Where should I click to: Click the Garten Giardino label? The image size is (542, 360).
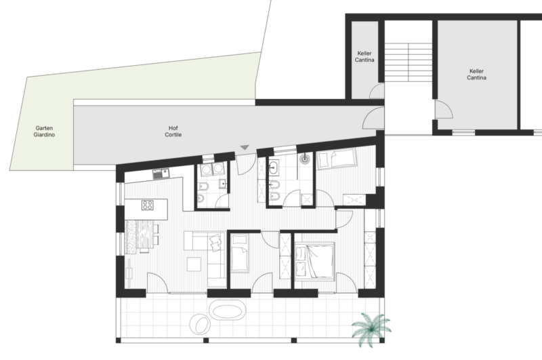pos(44,132)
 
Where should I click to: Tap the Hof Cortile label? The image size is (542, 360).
pos(173,132)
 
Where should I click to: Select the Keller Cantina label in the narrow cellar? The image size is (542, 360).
pos(364,57)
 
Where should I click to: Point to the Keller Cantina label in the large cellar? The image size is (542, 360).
pos(476,75)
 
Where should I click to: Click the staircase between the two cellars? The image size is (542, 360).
pos(409,62)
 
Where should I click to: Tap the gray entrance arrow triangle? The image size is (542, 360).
pos(245,148)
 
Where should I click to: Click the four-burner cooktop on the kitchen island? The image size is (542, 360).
pos(147,205)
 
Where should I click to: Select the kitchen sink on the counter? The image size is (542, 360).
pos(161,174)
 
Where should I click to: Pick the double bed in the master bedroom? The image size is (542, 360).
pos(314,260)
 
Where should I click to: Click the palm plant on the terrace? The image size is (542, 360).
pos(371,329)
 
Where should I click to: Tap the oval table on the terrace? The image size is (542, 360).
pos(227,311)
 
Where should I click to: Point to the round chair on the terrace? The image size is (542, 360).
pos(200,324)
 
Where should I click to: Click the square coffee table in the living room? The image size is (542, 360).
pos(194,264)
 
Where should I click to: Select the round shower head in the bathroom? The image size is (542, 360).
pos(304,159)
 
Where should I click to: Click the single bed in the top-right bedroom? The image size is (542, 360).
pos(337,159)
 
